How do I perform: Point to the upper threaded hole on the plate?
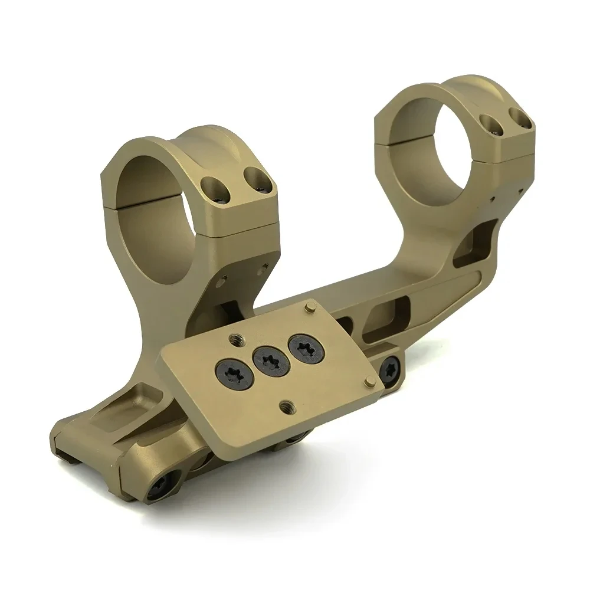pos(233,337)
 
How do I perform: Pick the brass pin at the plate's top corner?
pos(309,307)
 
